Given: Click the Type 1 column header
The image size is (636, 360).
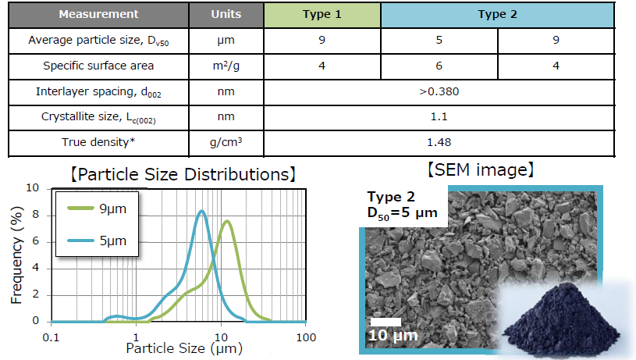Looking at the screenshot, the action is pos(322,15).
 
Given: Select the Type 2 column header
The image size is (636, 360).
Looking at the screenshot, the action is pos(497,15).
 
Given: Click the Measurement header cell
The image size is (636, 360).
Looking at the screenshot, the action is pos(98,15).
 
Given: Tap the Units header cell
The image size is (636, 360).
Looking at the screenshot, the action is pos(226,15).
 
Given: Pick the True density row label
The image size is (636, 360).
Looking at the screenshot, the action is pos(98,142).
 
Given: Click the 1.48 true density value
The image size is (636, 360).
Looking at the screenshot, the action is pos(439,142).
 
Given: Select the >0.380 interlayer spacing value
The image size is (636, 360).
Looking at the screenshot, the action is pos(439,91).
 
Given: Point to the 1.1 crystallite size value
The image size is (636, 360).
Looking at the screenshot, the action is pos(439,117).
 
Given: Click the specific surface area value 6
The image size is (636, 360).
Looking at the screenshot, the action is pos(439,66).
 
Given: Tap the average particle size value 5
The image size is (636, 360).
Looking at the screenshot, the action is pos(439,40).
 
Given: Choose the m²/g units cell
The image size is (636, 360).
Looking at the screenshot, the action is pos(226,66).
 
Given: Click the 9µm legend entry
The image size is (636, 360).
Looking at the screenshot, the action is pos(98,209).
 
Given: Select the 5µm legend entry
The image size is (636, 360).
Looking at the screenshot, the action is pos(98,241).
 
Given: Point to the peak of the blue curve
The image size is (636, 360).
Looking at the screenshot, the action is pos(201,211).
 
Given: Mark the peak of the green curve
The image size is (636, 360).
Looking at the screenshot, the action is pos(227,221).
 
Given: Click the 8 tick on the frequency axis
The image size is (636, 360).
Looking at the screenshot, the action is pos(36,215).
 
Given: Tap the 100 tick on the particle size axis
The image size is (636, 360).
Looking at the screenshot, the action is pos(306,337).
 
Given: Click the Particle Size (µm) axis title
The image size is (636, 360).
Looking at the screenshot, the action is pos(184,348).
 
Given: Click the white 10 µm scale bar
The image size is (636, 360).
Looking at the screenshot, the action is pos(386,322).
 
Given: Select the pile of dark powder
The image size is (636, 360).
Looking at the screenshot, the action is pos(562,319).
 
